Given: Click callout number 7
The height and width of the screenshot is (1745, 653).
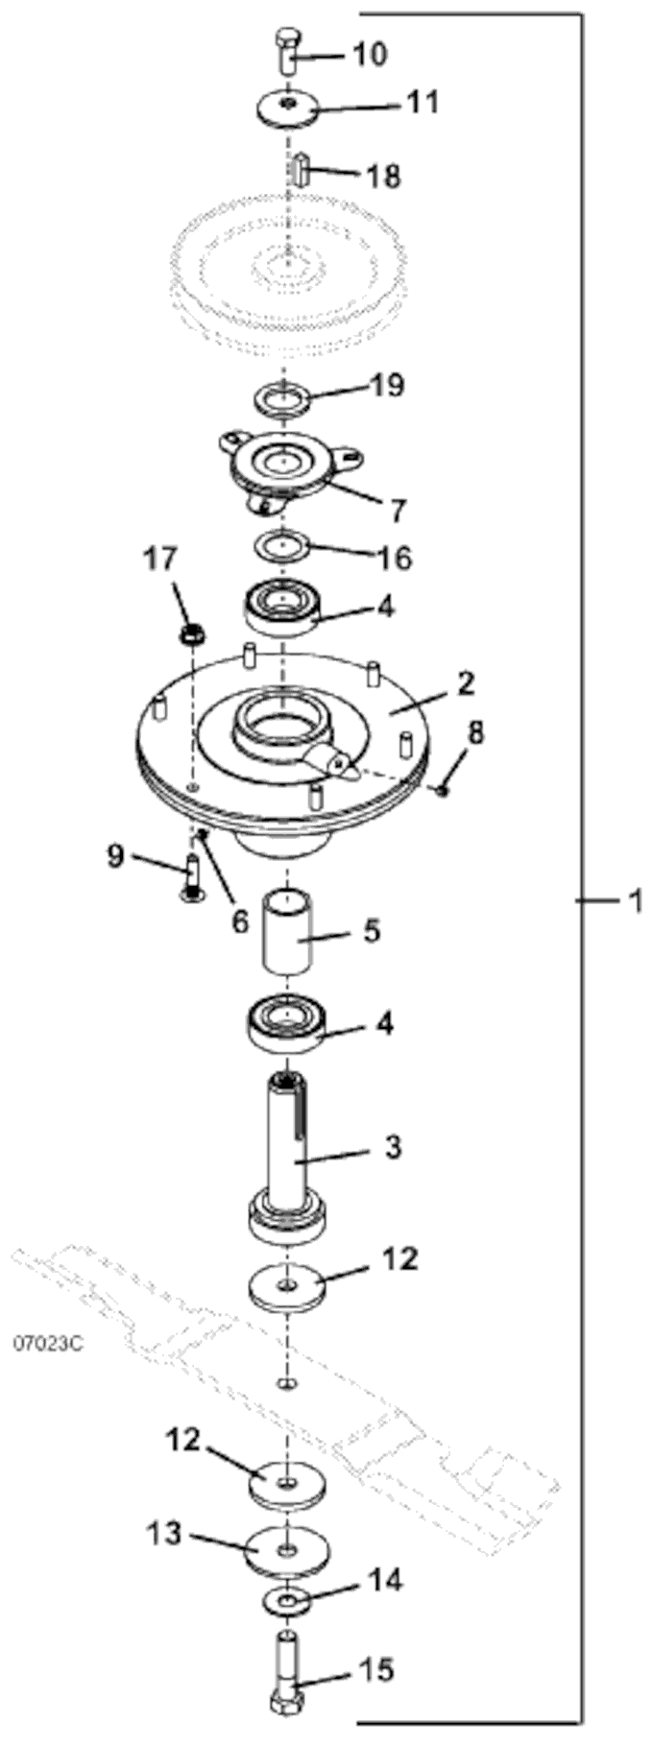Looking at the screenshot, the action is click(x=397, y=509).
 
